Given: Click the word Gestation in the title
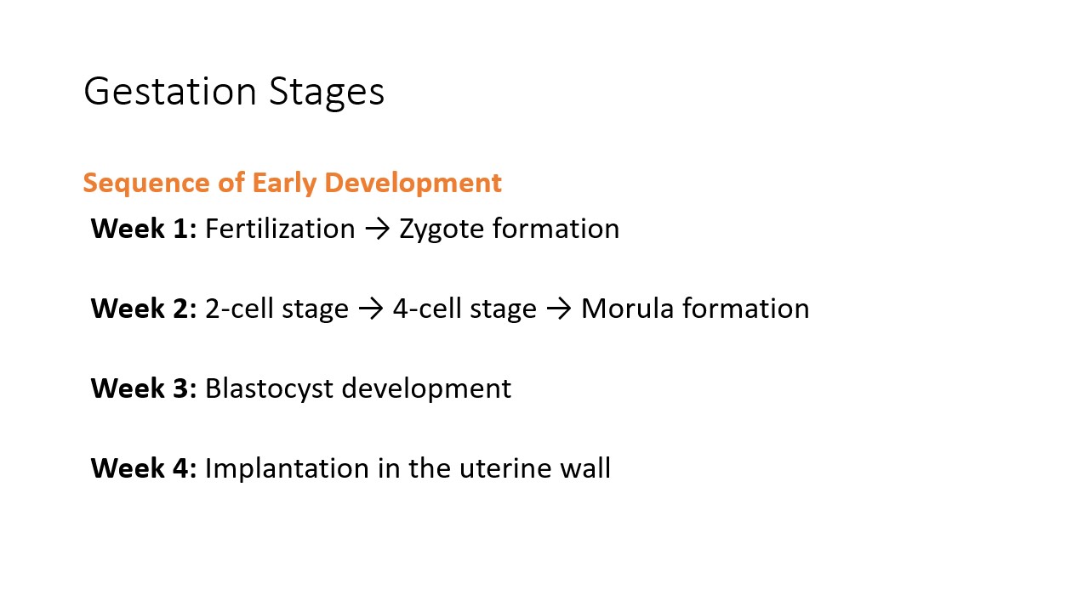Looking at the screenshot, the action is (x=169, y=91).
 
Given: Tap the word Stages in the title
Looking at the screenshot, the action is (x=326, y=93).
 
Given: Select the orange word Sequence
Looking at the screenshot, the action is (x=146, y=184).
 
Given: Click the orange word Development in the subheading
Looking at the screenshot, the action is (x=413, y=184).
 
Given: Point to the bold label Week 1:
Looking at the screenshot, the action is (x=144, y=229).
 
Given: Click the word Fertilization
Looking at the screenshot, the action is (x=280, y=229).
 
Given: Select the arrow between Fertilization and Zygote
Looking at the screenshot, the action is (x=378, y=229).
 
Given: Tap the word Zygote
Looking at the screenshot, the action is (x=442, y=229).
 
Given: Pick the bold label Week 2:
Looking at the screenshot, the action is (x=144, y=309).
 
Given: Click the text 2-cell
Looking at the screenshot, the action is (x=239, y=309).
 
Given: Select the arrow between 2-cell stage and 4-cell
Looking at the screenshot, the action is (x=371, y=309).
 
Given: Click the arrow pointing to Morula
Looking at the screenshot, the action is (x=559, y=309).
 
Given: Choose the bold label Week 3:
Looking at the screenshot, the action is (x=144, y=388).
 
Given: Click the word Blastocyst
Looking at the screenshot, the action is (x=270, y=389).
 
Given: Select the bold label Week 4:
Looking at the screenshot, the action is (x=144, y=468).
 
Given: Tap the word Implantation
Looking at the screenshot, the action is (x=287, y=470).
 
